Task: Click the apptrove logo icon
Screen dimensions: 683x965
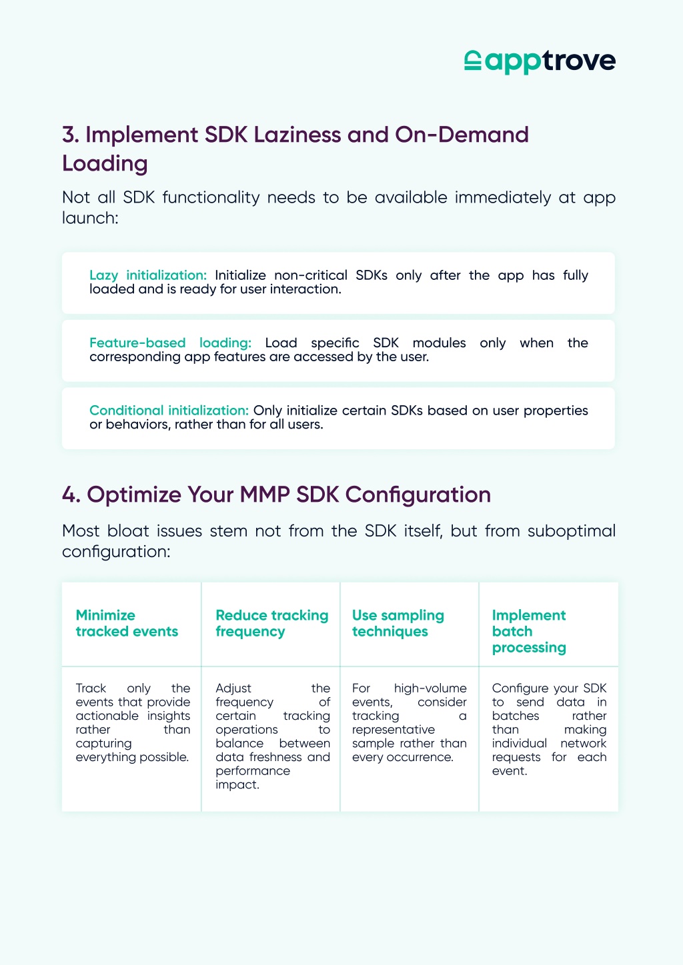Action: [473, 60]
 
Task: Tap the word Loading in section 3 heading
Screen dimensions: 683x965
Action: [105, 164]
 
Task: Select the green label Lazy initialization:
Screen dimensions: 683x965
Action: [148, 275]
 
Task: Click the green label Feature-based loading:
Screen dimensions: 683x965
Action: [170, 343]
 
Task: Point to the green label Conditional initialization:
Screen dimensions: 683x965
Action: [169, 410]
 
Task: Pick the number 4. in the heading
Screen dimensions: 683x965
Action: [71, 494]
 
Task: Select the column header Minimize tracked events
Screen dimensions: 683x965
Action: [127, 623]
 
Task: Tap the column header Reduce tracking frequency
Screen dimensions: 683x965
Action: [271, 623]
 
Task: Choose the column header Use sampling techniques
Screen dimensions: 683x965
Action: [398, 623]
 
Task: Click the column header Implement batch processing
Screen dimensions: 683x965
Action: [529, 631]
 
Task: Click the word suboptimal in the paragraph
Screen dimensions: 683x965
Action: [572, 531]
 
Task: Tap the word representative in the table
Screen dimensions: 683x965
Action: [394, 730]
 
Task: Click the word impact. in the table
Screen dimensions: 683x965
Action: [237, 785]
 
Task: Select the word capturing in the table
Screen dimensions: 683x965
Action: [103, 744]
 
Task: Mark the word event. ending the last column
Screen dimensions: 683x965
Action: [510, 770]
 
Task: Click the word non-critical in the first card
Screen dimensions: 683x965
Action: [310, 275]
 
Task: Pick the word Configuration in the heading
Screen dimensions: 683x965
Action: [418, 495]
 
